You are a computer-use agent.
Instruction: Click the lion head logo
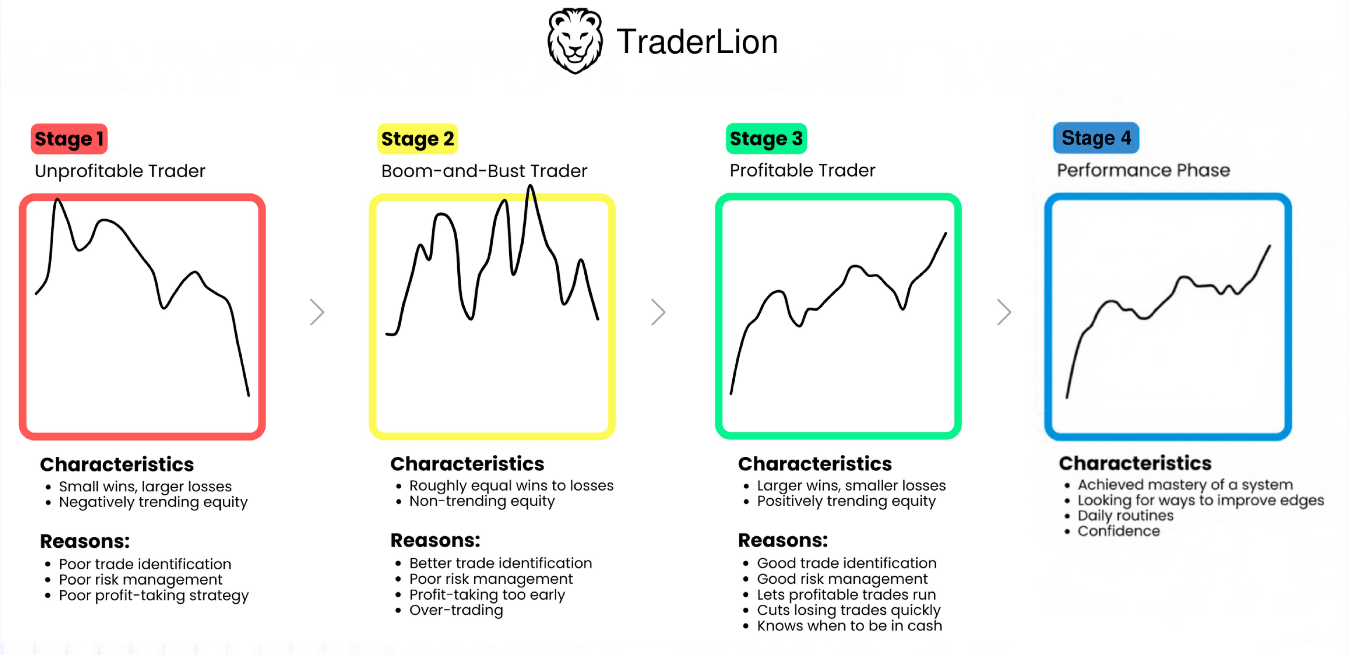pyautogui.click(x=575, y=41)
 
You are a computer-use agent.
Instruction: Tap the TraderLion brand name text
pyautogui.click(x=697, y=41)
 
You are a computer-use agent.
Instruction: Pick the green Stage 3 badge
pyautogui.click(x=766, y=138)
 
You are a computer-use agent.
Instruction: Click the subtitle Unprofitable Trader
pyautogui.click(x=120, y=171)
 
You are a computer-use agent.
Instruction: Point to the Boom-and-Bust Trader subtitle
pyautogui.click(x=484, y=171)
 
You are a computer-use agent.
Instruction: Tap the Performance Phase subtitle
pyautogui.click(x=1143, y=170)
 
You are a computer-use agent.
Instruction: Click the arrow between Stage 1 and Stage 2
pyautogui.click(x=317, y=312)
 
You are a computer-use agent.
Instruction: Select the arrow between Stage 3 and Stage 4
pyautogui.click(x=1004, y=312)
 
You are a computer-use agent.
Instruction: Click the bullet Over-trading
pyautogui.click(x=456, y=610)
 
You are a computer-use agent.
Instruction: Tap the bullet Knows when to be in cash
pyautogui.click(x=849, y=626)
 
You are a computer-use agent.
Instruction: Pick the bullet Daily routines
pyautogui.click(x=1126, y=516)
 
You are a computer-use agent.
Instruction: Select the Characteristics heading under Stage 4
pyautogui.click(x=1135, y=463)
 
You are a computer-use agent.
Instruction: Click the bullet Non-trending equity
pyautogui.click(x=482, y=501)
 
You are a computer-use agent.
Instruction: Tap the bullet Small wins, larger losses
pyautogui.click(x=145, y=487)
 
